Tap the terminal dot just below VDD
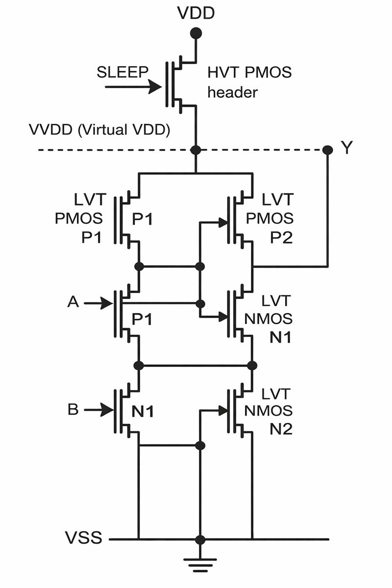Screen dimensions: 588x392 (196, 33)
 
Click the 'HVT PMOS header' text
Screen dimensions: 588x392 (249, 82)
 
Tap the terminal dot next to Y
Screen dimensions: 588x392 (328, 149)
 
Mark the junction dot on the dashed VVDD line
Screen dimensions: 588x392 (196, 149)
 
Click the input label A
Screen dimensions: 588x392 (73, 303)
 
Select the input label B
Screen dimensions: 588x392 (73, 409)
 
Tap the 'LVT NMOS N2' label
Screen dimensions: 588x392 (278, 411)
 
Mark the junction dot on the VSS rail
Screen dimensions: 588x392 (200, 539)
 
